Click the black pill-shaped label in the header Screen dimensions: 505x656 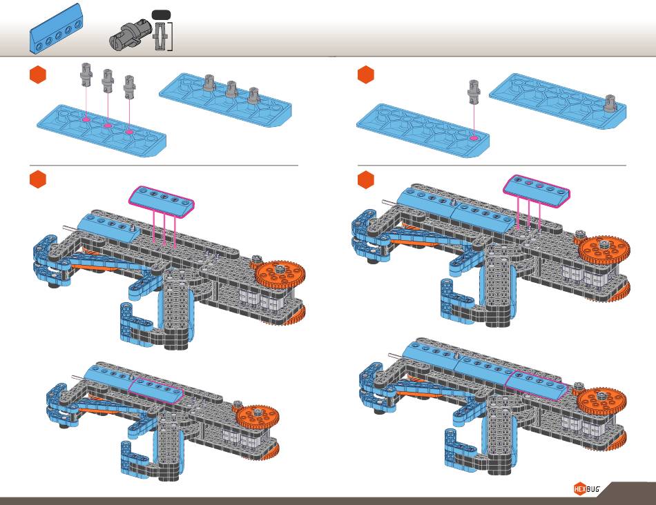point(161,14)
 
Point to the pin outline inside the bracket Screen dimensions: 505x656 point(161,35)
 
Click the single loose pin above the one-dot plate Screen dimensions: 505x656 point(474,91)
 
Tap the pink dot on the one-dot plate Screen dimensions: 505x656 point(473,138)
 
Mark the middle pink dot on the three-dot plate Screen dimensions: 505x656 point(108,126)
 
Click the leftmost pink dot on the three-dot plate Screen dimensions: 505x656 point(86,120)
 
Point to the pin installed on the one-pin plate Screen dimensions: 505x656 point(610,102)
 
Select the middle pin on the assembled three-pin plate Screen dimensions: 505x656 point(231,88)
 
